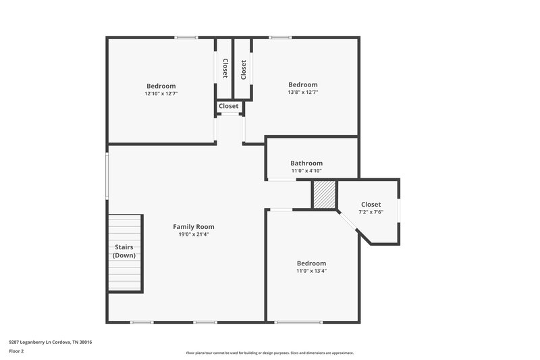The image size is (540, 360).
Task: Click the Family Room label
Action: pos(194,227)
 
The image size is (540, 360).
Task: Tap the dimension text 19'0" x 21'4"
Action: pos(194,235)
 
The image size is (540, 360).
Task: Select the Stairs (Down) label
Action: pos(124,251)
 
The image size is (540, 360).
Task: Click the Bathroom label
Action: pos(306,163)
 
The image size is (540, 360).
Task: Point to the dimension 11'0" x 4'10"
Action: pos(306,171)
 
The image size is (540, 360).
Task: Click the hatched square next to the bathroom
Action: pos(323,195)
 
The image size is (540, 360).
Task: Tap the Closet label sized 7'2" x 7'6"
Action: pos(371,204)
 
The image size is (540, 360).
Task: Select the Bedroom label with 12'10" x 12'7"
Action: pos(161,86)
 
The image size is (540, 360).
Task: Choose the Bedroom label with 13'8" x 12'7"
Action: pos(303,84)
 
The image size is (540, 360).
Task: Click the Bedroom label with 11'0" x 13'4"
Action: pos(311,263)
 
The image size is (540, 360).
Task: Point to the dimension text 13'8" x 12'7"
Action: pos(303,93)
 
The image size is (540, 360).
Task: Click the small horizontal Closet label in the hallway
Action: pos(228,106)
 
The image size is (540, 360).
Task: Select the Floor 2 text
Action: pos(16,351)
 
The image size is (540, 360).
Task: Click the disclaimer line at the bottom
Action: pos(270,353)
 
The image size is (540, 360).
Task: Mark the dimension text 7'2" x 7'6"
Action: pos(371,212)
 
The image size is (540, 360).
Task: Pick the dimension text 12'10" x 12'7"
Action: pos(161,94)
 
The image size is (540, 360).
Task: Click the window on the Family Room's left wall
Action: pos(107,176)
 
